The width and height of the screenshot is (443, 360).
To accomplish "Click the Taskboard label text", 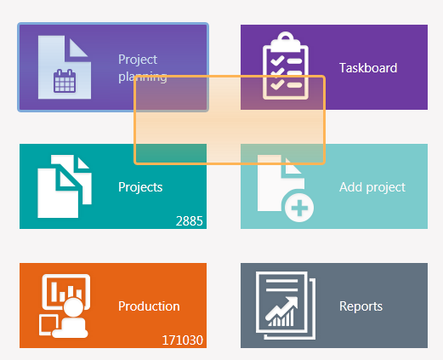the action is (368, 68).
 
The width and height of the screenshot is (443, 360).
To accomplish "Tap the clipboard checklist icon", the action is (286, 66).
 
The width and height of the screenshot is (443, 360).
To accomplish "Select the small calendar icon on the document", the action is (65, 81).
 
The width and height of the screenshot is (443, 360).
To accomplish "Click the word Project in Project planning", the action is (138, 60).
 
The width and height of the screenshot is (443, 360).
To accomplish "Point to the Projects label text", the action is (140, 187).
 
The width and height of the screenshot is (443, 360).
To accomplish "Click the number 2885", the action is (189, 221).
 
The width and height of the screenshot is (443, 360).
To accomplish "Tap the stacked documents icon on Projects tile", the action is (65, 186).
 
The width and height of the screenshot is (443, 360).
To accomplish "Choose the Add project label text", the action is (372, 187).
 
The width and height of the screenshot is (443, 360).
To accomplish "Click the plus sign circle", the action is (299, 208).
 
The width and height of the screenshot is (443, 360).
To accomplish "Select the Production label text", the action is (149, 306).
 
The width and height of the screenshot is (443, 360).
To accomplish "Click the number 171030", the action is (182, 340).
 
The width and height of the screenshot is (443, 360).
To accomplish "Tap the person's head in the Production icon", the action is (73, 307).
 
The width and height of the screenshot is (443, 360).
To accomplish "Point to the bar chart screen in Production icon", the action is (66, 292).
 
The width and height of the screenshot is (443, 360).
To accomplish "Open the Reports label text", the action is (361, 306).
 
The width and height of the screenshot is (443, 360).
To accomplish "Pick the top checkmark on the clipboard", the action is (277, 60).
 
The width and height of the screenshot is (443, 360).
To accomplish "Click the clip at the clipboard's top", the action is (286, 40).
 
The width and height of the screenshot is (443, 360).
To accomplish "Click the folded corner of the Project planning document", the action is (78, 48).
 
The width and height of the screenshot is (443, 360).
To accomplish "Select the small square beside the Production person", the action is (48, 324).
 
